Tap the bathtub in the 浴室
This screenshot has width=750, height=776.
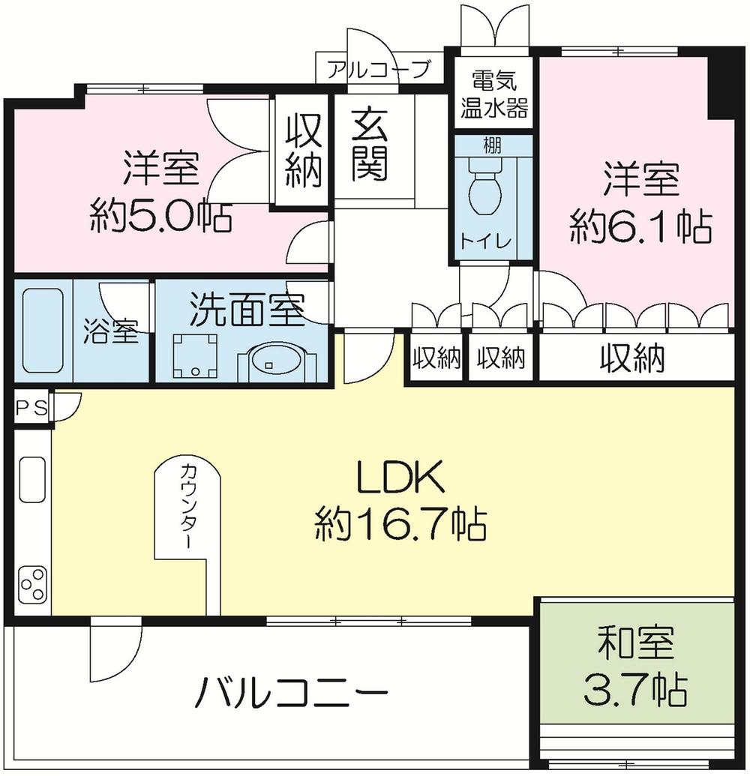tap(41, 331)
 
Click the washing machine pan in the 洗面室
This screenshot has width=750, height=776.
tap(196, 355)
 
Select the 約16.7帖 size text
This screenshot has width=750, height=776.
tap(400, 524)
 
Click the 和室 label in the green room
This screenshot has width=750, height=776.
tap(635, 644)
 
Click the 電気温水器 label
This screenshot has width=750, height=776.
tap(493, 93)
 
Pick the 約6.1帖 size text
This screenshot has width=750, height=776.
tap(640, 226)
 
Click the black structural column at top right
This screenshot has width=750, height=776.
tap(722, 82)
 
